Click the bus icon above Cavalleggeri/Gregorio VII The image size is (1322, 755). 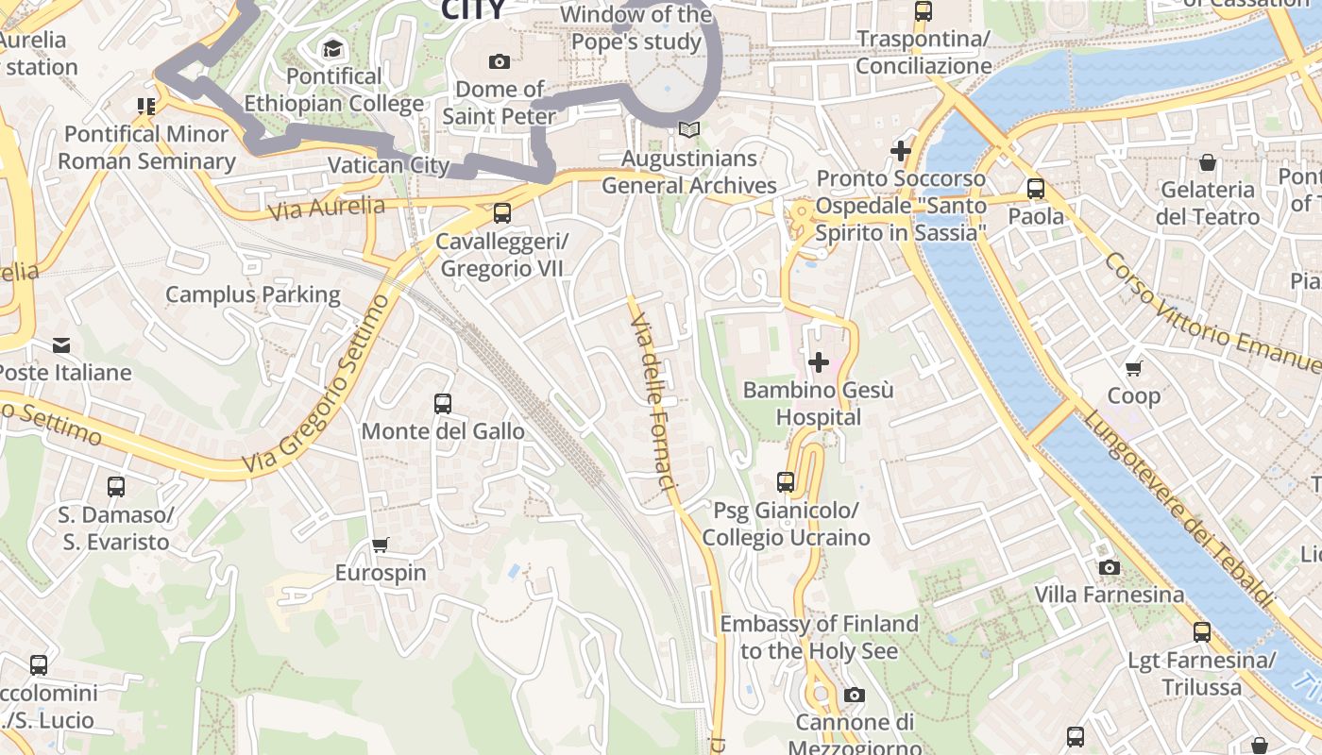point(502,213)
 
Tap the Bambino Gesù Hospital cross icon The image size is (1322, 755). point(819,362)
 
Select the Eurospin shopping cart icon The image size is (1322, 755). point(381,545)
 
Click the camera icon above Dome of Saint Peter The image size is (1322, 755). point(500,62)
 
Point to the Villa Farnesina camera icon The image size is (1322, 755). point(1110,567)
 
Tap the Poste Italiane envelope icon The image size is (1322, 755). point(61,345)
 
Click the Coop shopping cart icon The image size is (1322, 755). point(1134,368)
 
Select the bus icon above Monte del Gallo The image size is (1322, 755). point(443,404)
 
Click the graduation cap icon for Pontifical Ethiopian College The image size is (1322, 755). point(333,48)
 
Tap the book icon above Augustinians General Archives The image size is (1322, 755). point(689,130)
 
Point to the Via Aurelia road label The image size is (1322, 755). point(326,208)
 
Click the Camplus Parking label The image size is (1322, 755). point(253,294)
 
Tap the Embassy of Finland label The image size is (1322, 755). point(819,637)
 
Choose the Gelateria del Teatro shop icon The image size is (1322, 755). point(1208,162)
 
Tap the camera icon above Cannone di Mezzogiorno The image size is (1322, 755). point(855,696)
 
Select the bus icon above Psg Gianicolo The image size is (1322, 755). point(786,482)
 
